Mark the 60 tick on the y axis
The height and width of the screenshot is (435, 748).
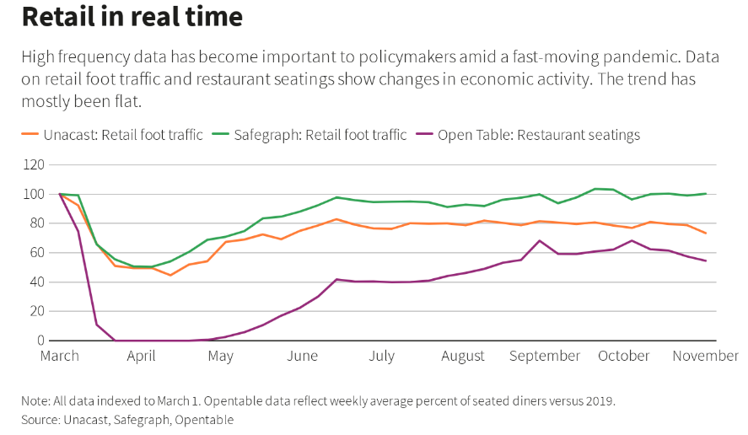pos(35,253)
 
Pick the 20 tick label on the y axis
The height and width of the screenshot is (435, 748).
pos(35,311)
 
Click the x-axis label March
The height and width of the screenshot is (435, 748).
pos(60,356)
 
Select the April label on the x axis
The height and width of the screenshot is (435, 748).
pos(142,356)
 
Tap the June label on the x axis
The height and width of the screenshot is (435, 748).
pos(302,356)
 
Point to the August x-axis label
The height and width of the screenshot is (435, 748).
pos(463,356)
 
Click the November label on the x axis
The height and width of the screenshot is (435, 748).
pos(705,356)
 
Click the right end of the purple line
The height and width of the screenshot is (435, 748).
pos(706,260)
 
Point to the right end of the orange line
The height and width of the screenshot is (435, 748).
pos(706,234)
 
